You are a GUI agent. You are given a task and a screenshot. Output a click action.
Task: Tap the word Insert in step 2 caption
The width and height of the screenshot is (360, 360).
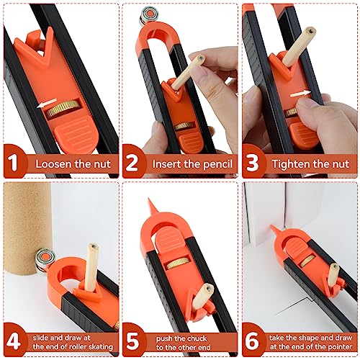pos(167,163)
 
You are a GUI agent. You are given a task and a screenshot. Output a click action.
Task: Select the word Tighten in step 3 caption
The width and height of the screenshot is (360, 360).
pos(292,163)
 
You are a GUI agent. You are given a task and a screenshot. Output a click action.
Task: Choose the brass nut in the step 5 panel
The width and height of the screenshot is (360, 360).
pos(176,265)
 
